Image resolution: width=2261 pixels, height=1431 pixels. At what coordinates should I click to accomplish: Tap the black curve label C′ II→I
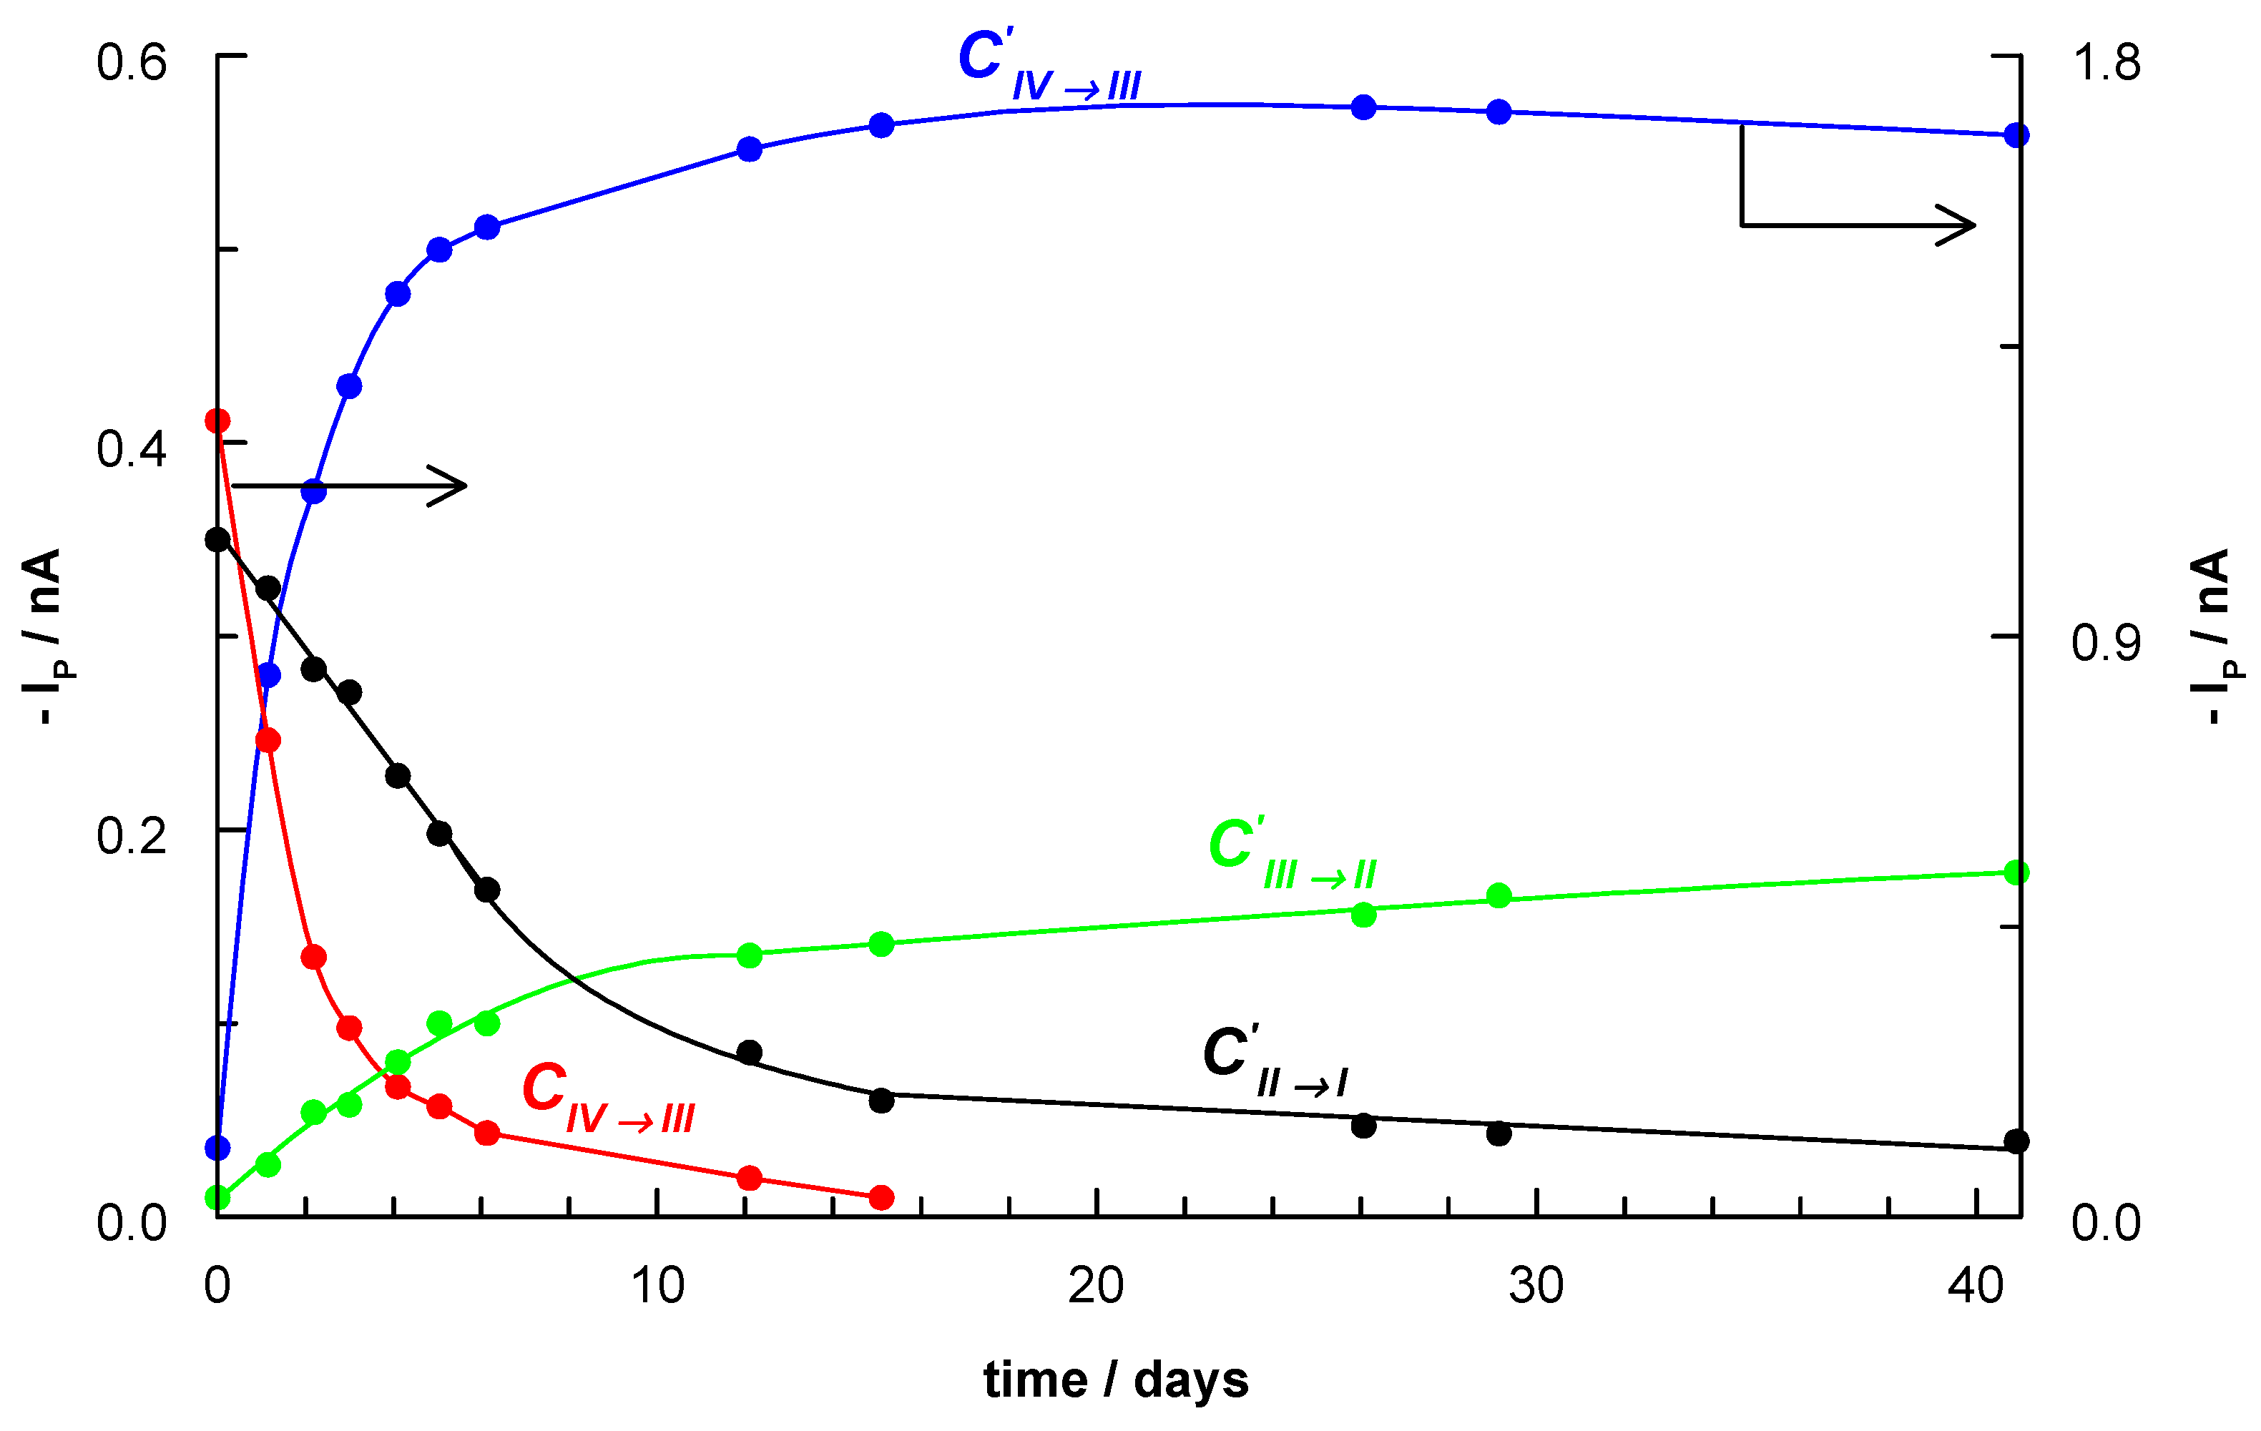pos(1274,1061)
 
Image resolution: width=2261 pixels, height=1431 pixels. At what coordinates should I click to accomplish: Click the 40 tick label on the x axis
pos(1976,1285)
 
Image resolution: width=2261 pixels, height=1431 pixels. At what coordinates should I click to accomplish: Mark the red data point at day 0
pos(217,421)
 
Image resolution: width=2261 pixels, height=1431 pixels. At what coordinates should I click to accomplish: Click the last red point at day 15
pos(881,1197)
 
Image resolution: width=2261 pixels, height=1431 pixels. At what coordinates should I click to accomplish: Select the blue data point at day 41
pos(2016,135)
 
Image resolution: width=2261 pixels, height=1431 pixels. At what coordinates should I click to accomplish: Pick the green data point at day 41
pos(2016,873)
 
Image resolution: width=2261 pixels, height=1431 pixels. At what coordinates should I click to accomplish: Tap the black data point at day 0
pos(217,540)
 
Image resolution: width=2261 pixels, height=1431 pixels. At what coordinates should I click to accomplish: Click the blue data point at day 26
pos(1363,107)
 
